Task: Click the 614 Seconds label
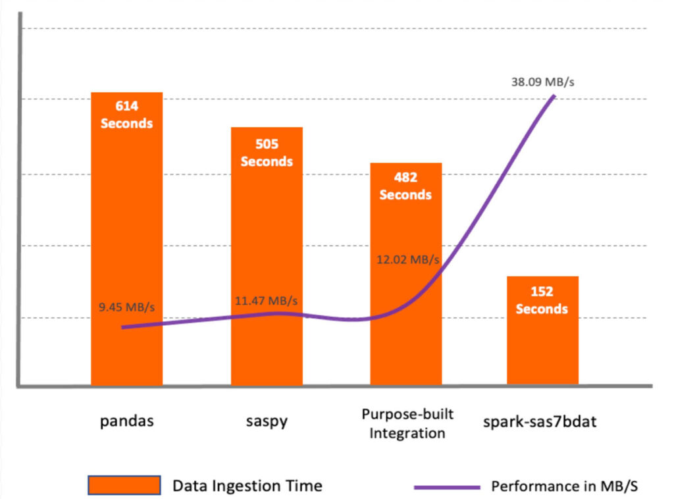click(126, 115)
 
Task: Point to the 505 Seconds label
click(267, 153)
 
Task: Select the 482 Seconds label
click(406, 186)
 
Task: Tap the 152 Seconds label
click(542, 300)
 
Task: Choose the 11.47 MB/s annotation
click(266, 301)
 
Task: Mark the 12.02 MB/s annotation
click(407, 259)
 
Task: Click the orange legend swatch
click(124, 485)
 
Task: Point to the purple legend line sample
click(448, 486)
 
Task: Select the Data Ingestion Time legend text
click(247, 486)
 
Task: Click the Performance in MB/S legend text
click(565, 486)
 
